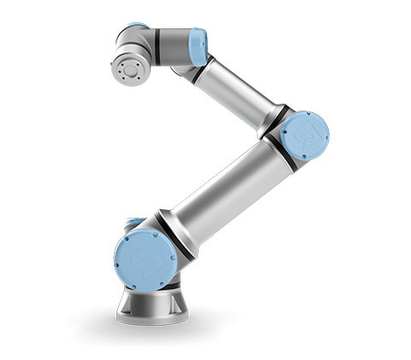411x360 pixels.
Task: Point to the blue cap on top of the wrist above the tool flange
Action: coord(134,31)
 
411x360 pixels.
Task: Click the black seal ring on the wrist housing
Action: coord(158,47)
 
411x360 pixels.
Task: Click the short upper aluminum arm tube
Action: coord(235,89)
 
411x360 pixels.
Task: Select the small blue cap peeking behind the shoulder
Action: coord(133,224)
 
